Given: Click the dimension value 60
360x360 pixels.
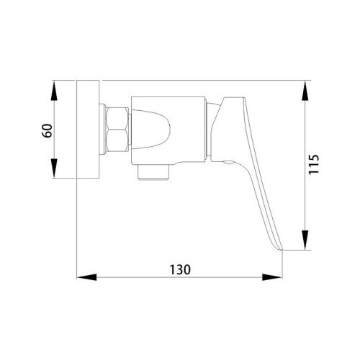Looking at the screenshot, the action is point(48,130).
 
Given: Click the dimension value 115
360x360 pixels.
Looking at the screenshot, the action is point(314,164).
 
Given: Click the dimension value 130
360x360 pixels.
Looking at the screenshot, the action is point(180,269).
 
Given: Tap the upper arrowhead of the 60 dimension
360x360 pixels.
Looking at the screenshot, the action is point(55,91).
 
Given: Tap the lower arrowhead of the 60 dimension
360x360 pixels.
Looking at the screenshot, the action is point(55,168).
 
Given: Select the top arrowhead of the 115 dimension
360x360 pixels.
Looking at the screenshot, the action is point(305,91).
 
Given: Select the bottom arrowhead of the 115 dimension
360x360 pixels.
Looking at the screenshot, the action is point(305,240).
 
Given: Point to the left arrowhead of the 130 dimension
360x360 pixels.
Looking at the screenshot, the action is point(86,277).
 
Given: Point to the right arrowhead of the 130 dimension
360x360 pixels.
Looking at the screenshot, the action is point(272,277).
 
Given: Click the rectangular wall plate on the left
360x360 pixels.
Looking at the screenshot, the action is point(88,129).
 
